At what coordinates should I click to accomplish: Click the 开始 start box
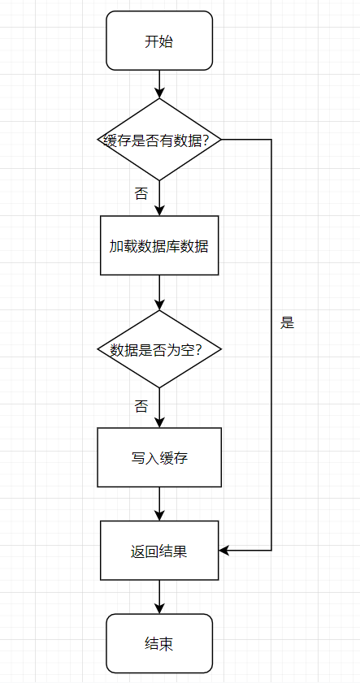[x=159, y=41]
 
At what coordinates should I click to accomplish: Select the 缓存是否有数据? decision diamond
[x=159, y=140]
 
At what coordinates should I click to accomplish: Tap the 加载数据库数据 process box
[x=159, y=245]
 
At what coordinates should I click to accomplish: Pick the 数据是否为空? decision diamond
[x=159, y=349]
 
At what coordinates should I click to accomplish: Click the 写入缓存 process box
[x=159, y=457]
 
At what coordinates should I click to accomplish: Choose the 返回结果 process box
[x=159, y=551]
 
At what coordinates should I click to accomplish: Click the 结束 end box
[x=159, y=643]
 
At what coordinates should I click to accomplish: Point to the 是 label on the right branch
[x=287, y=322]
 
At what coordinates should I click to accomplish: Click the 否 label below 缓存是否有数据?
[x=141, y=193]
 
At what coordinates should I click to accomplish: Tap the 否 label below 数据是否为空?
[x=141, y=406]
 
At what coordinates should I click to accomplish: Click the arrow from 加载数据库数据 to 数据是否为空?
[x=159, y=292]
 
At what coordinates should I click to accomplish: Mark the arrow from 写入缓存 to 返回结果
[x=159, y=504]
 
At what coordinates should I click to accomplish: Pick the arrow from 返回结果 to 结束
[x=159, y=597]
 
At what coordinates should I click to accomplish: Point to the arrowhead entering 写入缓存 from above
[x=159, y=422]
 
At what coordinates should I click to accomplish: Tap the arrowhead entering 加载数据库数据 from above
[x=159, y=210]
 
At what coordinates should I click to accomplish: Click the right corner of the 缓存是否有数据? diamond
[x=221, y=140]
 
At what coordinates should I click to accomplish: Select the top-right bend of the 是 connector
[x=271, y=140]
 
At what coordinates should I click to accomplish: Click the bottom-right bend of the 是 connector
[x=271, y=551]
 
